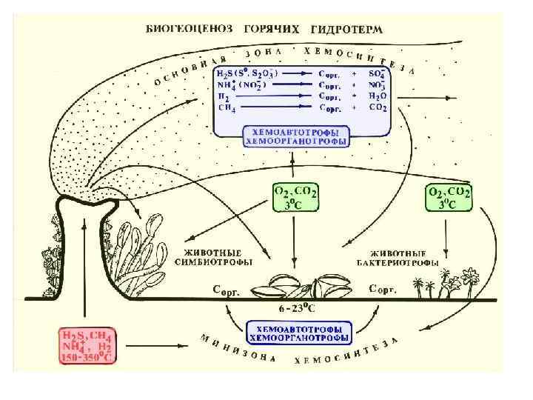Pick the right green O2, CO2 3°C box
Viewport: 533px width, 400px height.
(x=449, y=198)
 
